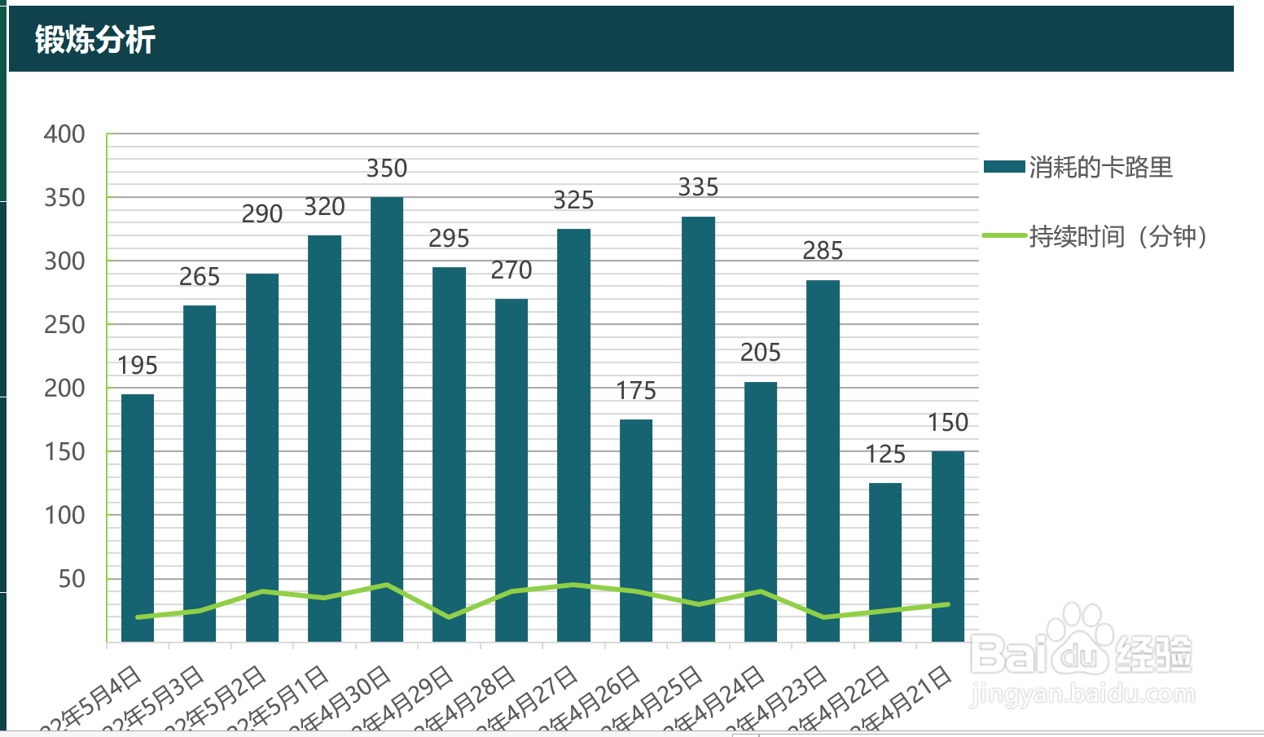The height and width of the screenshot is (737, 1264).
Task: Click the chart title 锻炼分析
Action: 94,39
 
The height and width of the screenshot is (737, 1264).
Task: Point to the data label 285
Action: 823,251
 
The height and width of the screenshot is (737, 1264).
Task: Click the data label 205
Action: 761,353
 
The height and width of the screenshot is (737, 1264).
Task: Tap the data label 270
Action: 511,270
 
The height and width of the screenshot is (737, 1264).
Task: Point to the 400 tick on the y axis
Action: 64,134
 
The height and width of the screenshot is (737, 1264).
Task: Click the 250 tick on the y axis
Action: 64,325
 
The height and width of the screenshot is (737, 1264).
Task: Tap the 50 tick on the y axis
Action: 72,579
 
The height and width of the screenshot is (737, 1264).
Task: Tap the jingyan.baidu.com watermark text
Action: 1082,695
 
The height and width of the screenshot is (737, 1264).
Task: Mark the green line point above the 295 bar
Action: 449,617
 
